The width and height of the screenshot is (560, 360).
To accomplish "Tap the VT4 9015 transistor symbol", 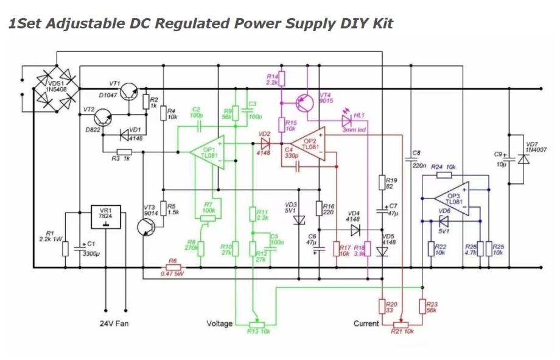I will click(305, 104).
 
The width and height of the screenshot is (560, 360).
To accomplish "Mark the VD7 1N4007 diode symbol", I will click(522, 158).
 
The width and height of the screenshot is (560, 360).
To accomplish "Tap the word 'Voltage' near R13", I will click(219, 323).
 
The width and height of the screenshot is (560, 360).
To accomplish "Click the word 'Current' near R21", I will click(366, 323).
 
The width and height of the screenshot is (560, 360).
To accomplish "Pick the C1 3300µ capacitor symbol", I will click(80, 248).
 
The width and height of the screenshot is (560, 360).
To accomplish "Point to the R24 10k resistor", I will click(444, 175).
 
